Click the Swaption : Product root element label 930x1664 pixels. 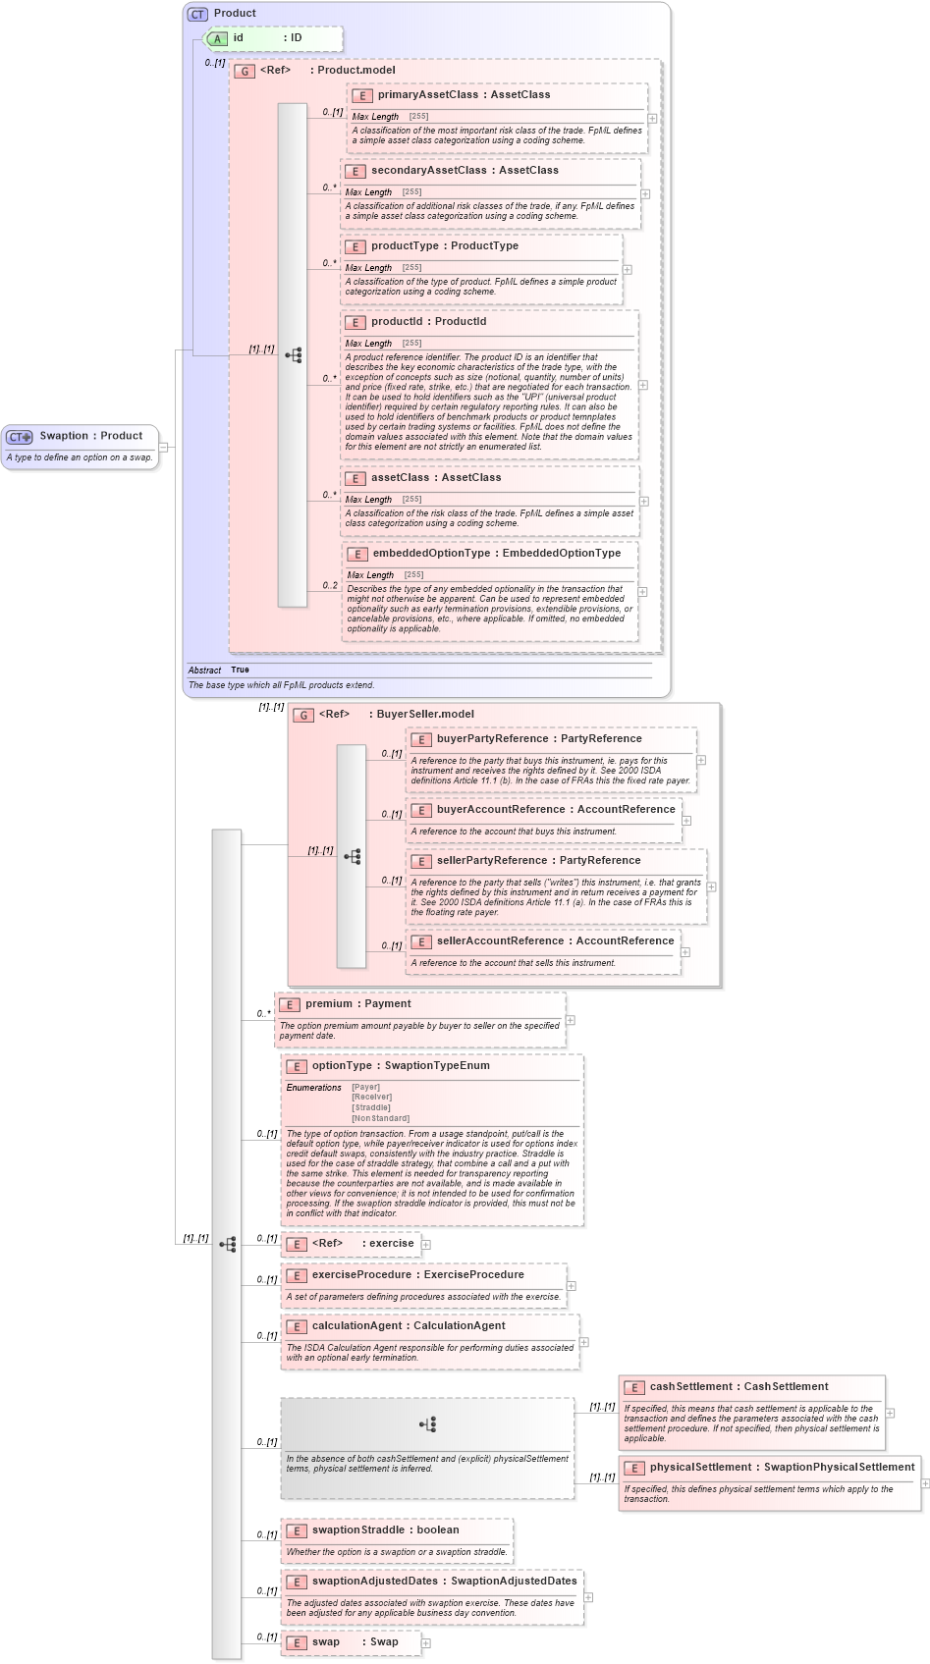click(90, 436)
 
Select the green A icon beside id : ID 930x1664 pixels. click(216, 38)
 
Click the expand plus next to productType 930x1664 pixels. click(628, 269)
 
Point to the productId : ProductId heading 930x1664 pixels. click(428, 322)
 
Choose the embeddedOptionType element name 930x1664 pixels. click(431, 554)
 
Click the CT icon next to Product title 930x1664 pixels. click(198, 14)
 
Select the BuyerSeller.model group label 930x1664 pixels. click(424, 715)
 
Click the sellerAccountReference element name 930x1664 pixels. click(500, 941)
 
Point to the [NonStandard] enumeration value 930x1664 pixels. click(380, 1118)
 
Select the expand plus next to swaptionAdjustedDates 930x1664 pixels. click(588, 1597)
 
